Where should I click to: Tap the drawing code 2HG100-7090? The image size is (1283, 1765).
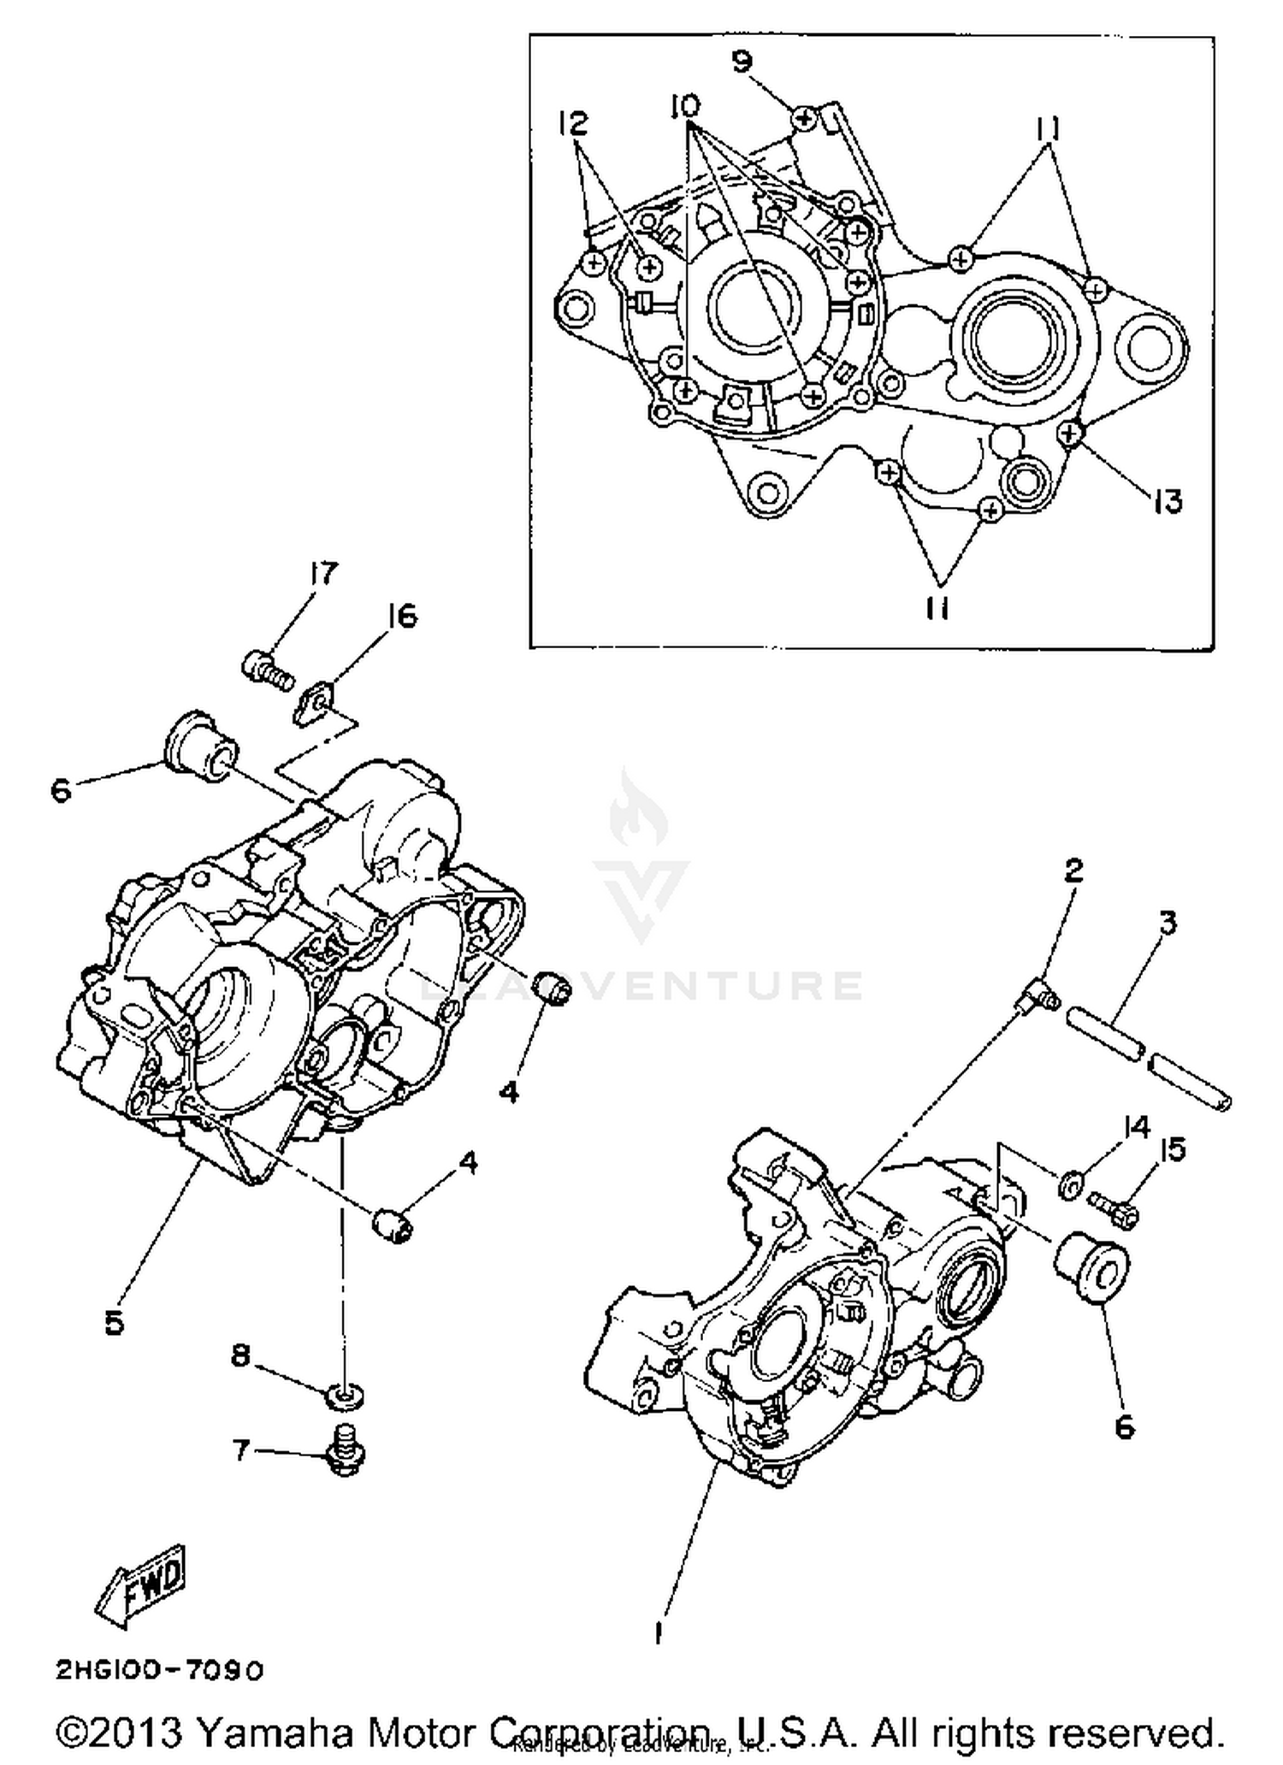[160, 1670]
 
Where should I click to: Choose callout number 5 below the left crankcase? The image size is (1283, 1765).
[115, 1323]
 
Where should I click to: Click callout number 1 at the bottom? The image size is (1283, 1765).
[658, 1634]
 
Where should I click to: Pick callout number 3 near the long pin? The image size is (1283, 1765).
[1168, 923]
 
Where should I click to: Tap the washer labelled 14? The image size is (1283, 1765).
[1070, 1186]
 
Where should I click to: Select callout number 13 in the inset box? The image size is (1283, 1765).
[1168, 501]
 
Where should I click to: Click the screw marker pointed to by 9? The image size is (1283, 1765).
[804, 118]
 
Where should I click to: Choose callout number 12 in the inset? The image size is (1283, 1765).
[573, 123]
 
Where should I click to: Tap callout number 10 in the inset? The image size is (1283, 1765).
[684, 106]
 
